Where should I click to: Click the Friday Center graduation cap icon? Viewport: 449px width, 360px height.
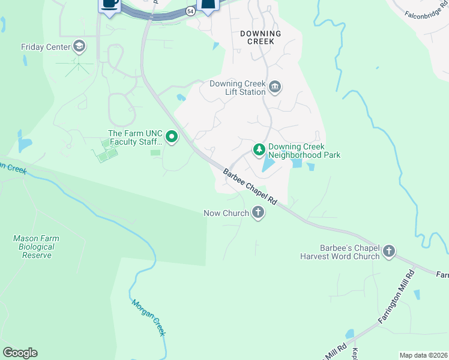coord(79,47)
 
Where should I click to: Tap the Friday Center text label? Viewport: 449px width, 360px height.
coord(46,47)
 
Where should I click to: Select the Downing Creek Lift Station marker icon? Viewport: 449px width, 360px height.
coord(275,88)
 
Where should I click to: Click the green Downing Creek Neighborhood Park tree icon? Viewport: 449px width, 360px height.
coord(259,149)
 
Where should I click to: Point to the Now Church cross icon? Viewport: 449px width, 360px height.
coord(258,212)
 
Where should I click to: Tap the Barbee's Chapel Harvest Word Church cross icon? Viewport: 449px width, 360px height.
coord(389,251)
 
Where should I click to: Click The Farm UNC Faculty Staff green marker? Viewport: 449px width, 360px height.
coord(172,137)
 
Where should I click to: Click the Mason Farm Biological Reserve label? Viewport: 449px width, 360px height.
coord(36,247)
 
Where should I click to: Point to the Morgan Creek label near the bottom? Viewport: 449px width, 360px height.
coord(148,318)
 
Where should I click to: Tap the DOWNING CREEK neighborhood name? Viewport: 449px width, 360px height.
coord(261,37)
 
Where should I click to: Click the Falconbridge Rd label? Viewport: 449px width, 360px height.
coord(426,13)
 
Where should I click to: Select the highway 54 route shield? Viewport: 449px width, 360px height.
coord(190,11)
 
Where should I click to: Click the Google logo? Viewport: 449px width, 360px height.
coord(20,353)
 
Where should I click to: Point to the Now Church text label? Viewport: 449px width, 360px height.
coord(226,213)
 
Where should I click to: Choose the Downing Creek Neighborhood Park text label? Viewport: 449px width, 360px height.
coord(304,151)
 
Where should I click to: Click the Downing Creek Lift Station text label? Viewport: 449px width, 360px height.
coord(237,88)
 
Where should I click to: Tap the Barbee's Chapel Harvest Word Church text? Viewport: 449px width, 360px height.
coord(340,252)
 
